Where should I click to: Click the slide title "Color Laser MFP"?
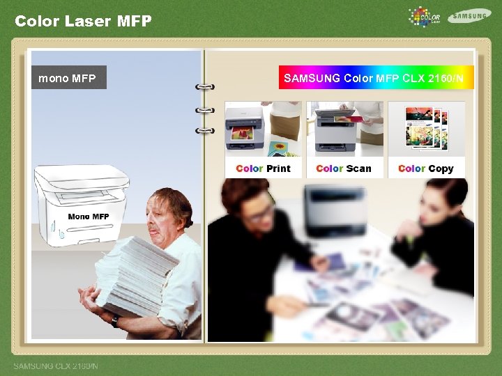[x=83, y=21]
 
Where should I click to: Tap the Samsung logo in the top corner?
[x=469, y=16]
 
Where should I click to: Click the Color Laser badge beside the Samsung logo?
[x=425, y=17]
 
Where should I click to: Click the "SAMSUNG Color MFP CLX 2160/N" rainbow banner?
[x=376, y=78]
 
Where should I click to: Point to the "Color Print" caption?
[x=264, y=169]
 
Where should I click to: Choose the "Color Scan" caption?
[x=344, y=169]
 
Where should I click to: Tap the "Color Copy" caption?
[x=426, y=169]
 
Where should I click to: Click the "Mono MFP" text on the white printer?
[x=89, y=217]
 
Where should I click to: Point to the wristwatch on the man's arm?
[x=114, y=321]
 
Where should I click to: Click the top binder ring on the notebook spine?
[x=205, y=88]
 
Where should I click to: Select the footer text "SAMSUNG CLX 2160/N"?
[x=56, y=366]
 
